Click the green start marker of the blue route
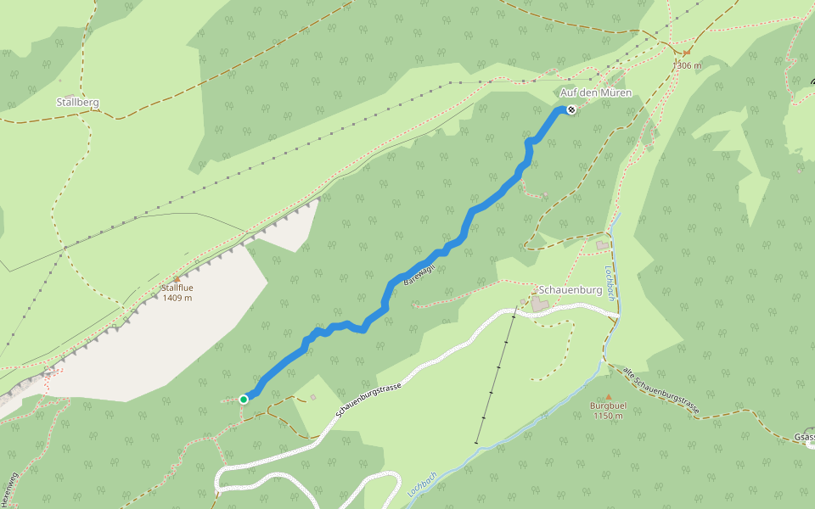pyautogui.click(x=244, y=399)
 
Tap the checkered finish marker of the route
pyautogui.click(x=572, y=109)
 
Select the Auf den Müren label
pyautogui.click(x=596, y=92)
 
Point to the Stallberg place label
pyautogui.click(x=77, y=102)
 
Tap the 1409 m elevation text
pyautogui.click(x=177, y=299)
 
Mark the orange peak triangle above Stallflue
pyautogui.click(x=177, y=279)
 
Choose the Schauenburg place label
pyautogui.click(x=570, y=290)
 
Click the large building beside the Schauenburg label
pyautogui.click(x=541, y=303)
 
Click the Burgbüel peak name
pyautogui.click(x=609, y=406)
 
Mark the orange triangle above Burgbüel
pyautogui.click(x=609, y=397)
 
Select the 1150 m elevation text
pyautogui.click(x=609, y=417)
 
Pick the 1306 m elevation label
pyautogui.click(x=687, y=65)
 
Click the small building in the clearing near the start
pyautogui.click(x=312, y=396)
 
